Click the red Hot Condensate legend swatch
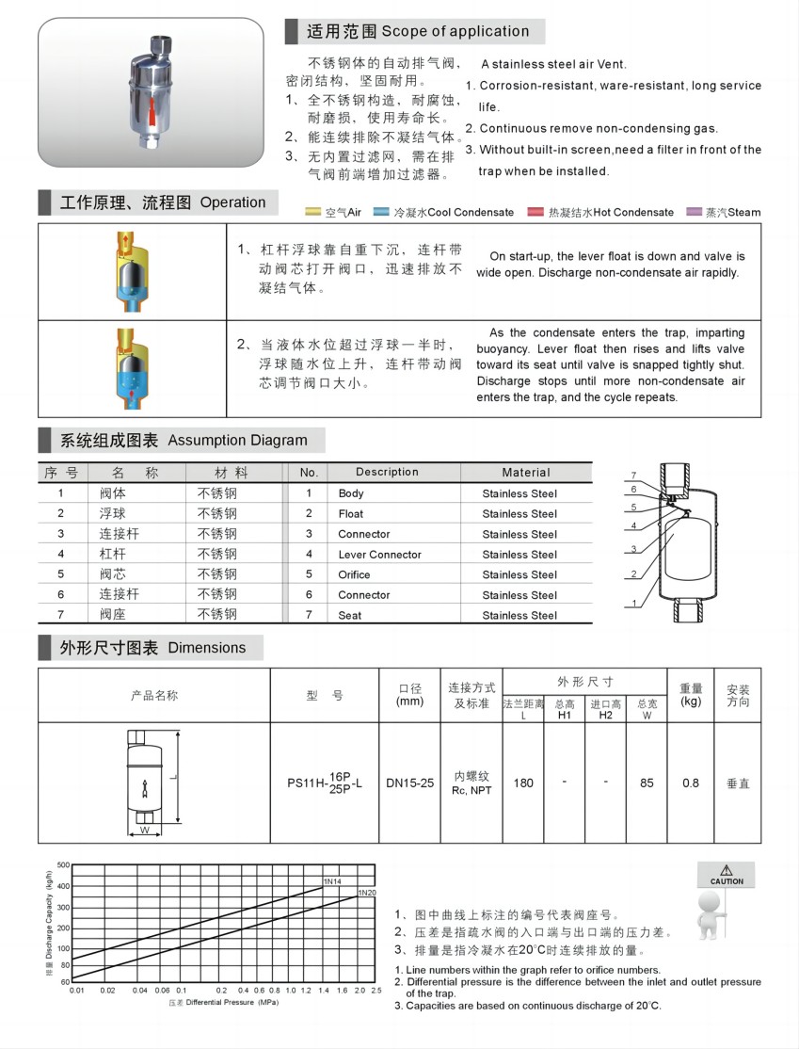click(536, 212)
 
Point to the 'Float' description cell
click(351, 514)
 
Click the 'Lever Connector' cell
click(380, 555)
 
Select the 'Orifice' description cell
click(355, 574)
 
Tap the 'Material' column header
click(526, 473)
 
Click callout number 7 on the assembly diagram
click(634, 475)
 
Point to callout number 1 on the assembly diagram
click(634, 604)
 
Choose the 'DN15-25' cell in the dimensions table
click(410, 783)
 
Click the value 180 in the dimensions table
click(523, 783)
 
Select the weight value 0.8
click(691, 783)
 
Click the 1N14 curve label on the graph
click(331, 880)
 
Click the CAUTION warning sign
click(726, 876)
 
